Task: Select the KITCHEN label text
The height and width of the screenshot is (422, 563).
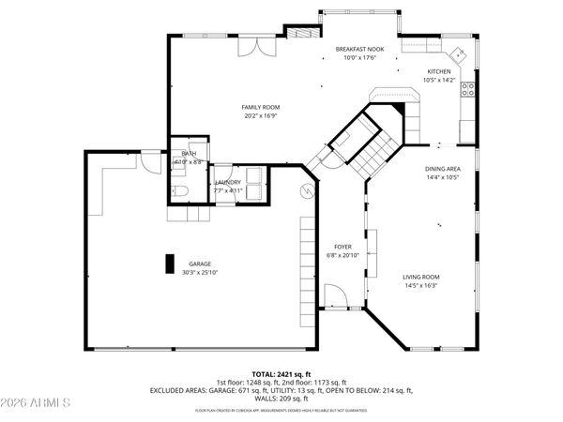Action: (439, 71)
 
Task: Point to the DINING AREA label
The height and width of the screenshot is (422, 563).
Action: (443, 169)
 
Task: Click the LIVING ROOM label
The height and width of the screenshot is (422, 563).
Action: (421, 277)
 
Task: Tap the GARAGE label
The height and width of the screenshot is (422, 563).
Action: (199, 264)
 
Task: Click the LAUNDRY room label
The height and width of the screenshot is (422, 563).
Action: (228, 182)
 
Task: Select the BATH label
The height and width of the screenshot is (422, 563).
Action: (189, 154)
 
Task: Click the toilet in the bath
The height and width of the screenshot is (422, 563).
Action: (182, 192)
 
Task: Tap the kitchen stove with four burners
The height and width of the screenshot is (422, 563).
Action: (467, 90)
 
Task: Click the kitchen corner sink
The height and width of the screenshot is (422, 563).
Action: (457, 53)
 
